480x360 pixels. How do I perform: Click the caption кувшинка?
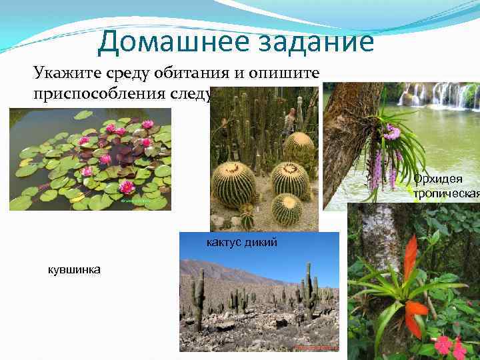point(74,269)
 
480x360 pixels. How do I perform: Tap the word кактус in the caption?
point(227,241)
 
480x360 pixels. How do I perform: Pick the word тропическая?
point(446,193)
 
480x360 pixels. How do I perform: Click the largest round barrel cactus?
point(235,185)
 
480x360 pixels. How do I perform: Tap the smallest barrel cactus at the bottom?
point(287,209)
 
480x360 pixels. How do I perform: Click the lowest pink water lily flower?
point(127,187)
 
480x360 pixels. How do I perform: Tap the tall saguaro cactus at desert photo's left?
point(198,297)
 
